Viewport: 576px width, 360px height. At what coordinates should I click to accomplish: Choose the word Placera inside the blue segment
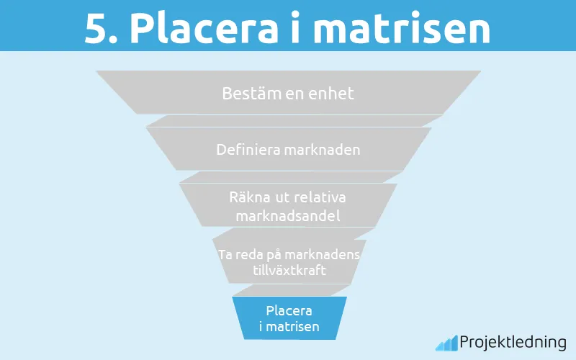pos(289,311)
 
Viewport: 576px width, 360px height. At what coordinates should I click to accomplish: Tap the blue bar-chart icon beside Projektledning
pos(446,343)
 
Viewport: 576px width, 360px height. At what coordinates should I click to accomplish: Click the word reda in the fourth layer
pos(248,255)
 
